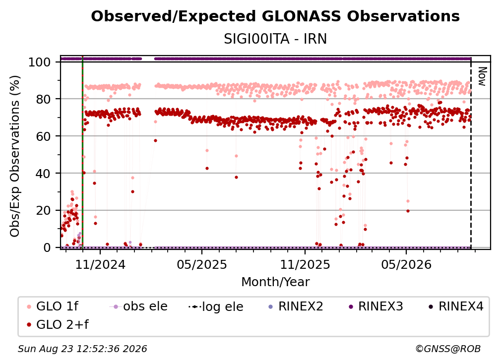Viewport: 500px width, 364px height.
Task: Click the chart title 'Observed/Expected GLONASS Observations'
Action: click(275, 16)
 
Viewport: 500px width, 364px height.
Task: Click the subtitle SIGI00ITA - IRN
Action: click(275, 39)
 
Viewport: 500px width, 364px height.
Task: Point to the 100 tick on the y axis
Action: click(40, 62)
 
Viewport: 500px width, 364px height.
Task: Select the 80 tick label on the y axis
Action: click(43, 99)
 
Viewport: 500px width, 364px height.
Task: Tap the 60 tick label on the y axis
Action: click(43, 136)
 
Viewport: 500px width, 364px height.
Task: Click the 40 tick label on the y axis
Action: click(43, 174)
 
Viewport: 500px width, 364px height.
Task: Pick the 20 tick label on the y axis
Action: click(43, 211)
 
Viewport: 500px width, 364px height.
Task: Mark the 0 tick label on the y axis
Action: click(47, 247)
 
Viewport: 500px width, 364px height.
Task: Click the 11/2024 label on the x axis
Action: click(100, 264)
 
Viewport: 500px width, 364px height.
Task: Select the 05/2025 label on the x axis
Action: click(202, 264)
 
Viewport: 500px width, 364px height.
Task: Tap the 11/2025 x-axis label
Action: click(305, 264)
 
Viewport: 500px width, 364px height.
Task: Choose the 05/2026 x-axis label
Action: click(406, 264)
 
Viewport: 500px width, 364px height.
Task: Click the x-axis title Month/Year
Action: click(275, 282)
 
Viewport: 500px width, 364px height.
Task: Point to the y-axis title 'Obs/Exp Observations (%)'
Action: click(15, 156)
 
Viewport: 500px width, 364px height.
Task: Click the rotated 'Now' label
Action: click(482, 76)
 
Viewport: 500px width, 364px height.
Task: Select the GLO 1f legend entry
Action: click(53, 306)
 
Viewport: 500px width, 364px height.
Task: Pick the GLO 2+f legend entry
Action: click(58, 325)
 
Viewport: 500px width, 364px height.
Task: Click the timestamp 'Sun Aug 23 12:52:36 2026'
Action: click(82, 349)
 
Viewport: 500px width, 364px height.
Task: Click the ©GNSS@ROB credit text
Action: click(448, 349)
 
